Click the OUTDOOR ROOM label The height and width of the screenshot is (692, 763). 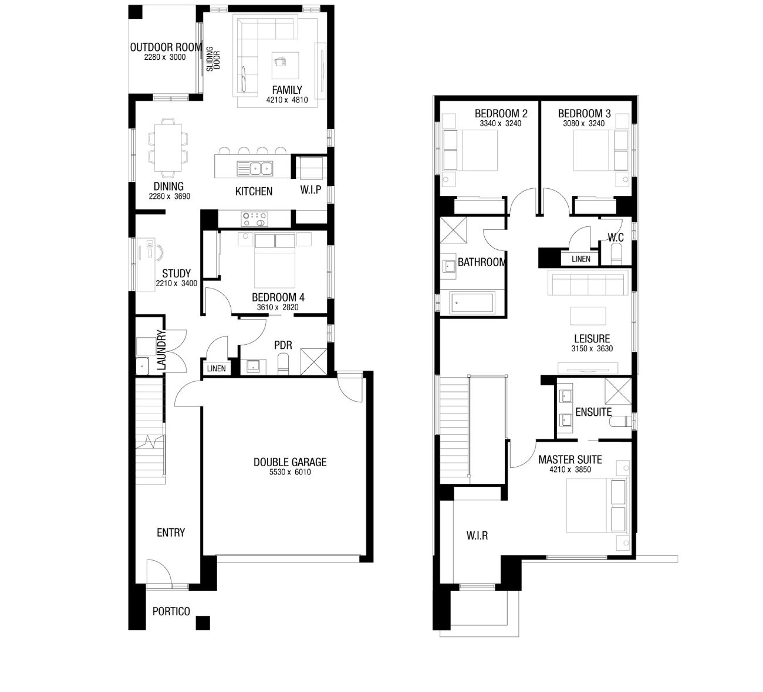[x=166, y=47]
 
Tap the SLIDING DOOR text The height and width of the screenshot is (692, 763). [x=213, y=59]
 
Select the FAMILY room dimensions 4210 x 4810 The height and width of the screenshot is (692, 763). [x=287, y=100]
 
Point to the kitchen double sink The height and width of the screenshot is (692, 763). [x=255, y=168]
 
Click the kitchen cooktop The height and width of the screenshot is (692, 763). [x=254, y=219]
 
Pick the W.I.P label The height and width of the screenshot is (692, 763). [x=310, y=190]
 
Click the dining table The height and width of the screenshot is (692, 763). [x=168, y=148]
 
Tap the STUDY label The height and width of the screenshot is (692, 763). [x=176, y=273]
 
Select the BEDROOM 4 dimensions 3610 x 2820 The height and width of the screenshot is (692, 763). [x=278, y=307]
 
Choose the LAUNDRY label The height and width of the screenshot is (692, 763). [x=161, y=350]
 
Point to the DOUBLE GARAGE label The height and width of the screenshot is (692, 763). [x=290, y=462]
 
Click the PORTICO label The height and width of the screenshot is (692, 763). [x=171, y=612]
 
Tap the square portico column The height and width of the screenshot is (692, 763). [x=202, y=623]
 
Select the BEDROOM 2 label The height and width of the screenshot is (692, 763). [x=501, y=113]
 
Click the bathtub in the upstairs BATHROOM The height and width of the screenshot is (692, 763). [x=472, y=303]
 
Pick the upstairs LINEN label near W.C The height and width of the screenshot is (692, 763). [x=581, y=259]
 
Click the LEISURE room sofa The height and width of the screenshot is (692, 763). [x=588, y=283]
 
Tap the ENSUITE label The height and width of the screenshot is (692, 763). [x=593, y=412]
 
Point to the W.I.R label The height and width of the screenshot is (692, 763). [x=477, y=536]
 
